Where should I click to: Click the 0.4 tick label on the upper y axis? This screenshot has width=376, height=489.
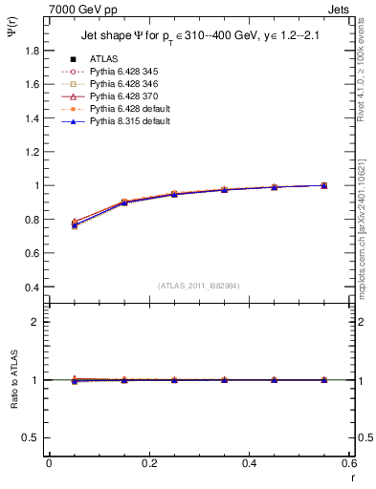coord(32,287)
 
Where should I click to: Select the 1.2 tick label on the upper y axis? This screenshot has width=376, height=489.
coord(32,152)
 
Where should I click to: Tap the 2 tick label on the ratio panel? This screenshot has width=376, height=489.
coord(36,322)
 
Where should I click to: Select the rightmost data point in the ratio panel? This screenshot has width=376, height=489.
coord(323,380)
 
